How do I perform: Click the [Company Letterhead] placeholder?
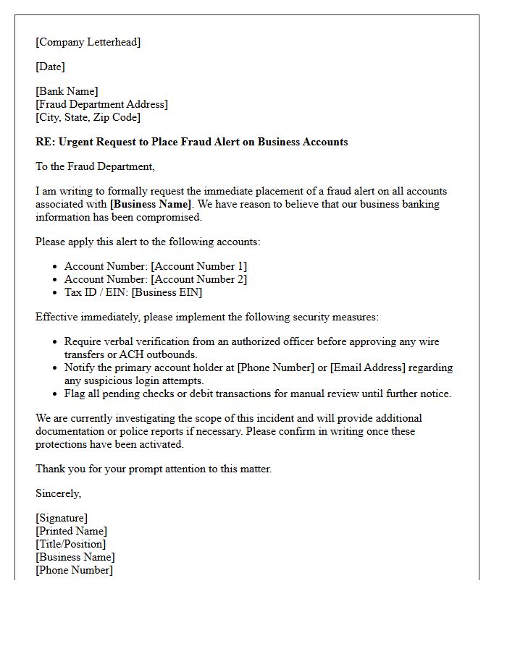(88, 42)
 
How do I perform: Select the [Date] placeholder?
(50, 67)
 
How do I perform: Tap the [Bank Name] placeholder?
(67, 91)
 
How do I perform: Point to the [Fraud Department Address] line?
(101, 104)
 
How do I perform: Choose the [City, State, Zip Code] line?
(88, 117)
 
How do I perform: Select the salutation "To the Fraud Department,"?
(95, 166)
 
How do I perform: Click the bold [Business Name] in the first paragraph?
(150, 204)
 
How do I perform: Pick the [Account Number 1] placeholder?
(198, 266)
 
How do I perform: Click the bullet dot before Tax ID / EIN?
(55, 293)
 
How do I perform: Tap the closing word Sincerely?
(58, 493)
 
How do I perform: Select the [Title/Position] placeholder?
(70, 544)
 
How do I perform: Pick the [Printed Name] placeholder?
(71, 531)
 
